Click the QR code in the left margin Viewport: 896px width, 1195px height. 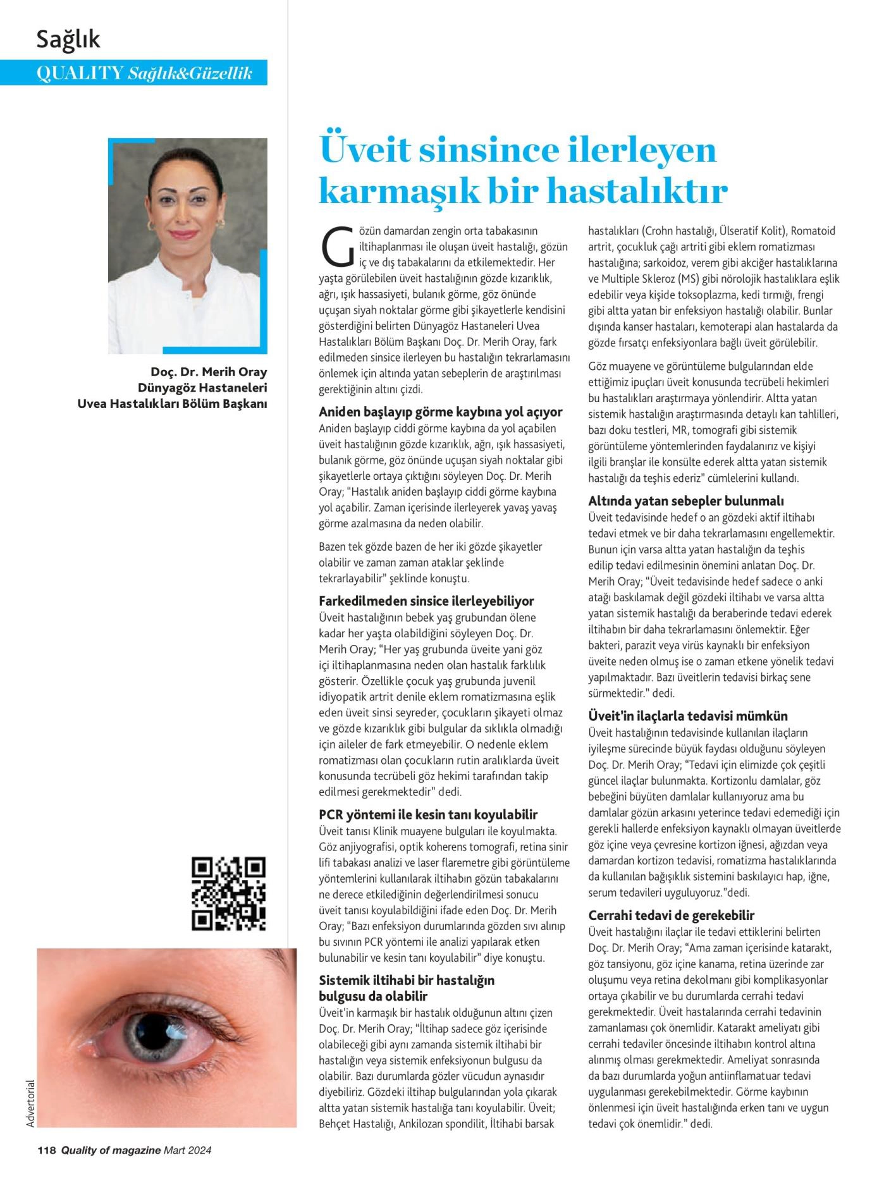point(228,893)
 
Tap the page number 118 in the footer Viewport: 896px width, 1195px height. point(47,1150)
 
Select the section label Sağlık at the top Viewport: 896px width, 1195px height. point(68,40)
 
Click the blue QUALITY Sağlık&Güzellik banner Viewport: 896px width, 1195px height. point(144,73)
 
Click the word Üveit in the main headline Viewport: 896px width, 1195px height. point(363,150)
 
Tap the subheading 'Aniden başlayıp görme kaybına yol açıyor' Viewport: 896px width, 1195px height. point(440,412)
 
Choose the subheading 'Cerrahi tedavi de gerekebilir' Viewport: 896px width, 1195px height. point(672,916)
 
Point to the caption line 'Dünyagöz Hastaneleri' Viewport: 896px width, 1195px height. point(202,388)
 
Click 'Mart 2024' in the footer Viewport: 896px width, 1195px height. point(187,1150)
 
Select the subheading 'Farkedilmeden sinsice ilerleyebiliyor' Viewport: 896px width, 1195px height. point(426,601)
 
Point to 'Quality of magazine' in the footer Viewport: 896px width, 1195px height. point(115,1150)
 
